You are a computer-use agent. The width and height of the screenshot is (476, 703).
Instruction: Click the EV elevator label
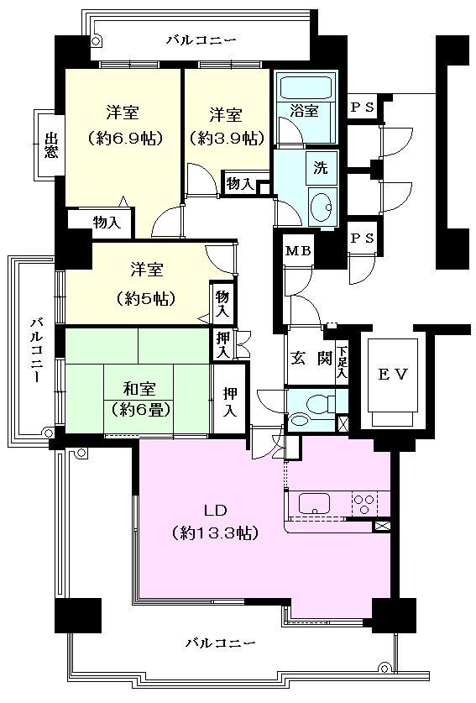coord(392,375)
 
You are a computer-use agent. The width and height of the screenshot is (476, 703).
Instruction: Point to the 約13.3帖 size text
coord(214,532)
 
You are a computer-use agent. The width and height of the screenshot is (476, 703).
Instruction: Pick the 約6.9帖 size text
coord(123,137)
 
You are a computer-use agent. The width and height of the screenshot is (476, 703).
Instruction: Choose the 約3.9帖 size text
coord(226,137)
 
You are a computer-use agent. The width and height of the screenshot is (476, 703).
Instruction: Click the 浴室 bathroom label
coord(305,110)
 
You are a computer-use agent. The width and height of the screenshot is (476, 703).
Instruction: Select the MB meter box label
coord(296,250)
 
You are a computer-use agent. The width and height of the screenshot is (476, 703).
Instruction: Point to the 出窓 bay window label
coord(51,144)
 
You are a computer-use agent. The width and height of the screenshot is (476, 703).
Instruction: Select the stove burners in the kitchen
coord(365,504)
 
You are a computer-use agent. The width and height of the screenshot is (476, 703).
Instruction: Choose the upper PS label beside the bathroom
coord(363,108)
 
